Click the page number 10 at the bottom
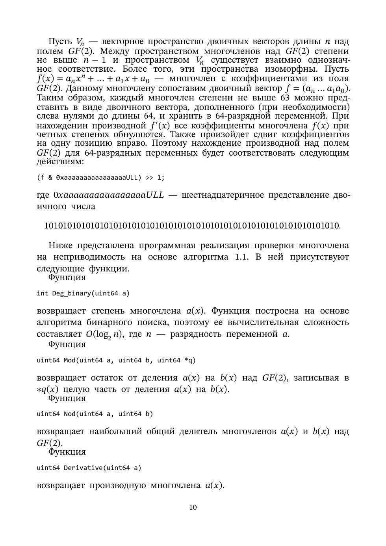coord(193,507)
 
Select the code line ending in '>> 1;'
coord(100,178)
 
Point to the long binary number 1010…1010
coord(192,226)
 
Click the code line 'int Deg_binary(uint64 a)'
coord(83,293)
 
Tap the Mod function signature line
coord(116,360)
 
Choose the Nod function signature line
coord(95,414)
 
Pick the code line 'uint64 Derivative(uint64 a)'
coord(89,468)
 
